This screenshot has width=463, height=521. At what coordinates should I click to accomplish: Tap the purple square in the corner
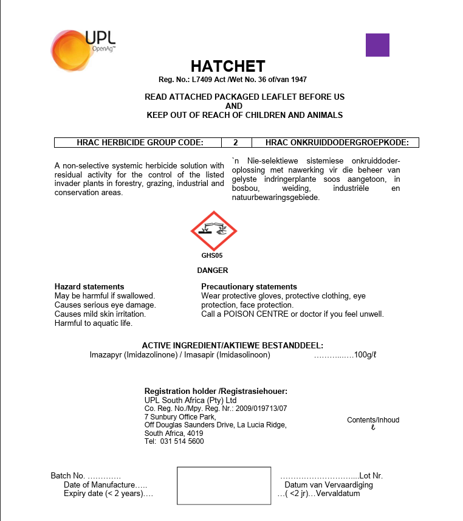point(377,45)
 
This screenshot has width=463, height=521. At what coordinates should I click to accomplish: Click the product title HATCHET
point(228,66)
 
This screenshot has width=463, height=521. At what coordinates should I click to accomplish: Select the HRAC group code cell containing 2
point(235,143)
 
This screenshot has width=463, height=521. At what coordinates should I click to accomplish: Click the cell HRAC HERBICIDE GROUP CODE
point(140,143)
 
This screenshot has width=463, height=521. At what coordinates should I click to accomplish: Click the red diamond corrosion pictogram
point(214,230)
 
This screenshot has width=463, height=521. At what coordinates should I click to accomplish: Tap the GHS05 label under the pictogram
point(212,256)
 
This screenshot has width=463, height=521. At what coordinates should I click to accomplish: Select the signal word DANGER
point(213,270)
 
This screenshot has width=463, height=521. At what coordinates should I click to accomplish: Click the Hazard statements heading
point(89,286)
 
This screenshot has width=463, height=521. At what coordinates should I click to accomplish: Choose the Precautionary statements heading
point(249,286)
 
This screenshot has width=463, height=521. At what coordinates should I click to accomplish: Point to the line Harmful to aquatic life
point(92,323)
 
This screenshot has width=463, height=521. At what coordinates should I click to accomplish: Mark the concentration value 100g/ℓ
point(366,354)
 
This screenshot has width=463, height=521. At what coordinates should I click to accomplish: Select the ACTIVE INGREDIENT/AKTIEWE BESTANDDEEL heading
point(232,345)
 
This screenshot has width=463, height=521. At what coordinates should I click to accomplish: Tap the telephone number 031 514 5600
point(182,441)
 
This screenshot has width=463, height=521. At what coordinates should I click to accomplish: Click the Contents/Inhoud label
point(373,420)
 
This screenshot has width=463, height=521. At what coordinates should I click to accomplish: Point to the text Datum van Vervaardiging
point(329,485)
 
